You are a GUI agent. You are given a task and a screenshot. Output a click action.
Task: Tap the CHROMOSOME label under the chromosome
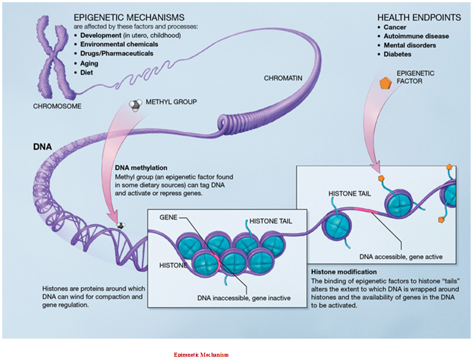click(x=57, y=106)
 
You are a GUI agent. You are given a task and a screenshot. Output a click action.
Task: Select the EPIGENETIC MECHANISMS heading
click(x=129, y=17)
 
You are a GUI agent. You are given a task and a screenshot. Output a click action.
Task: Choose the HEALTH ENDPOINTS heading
click(x=419, y=17)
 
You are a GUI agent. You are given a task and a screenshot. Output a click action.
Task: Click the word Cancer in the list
click(x=395, y=27)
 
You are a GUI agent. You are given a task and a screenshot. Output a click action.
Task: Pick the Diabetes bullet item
click(x=397, y=54)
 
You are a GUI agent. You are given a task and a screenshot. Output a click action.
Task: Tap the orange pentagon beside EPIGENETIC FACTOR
click(x=385, y=83)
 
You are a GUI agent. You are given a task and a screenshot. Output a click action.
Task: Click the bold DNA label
click(x=43, y=147)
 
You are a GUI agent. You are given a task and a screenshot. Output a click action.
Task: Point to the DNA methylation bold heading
click(x=141, y=168)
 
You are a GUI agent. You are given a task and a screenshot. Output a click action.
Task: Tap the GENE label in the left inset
click(x=168, y=217)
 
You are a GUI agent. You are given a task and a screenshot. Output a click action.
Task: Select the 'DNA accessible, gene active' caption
click(x=401, y=257)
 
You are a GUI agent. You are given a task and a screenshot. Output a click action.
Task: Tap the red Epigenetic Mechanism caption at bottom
click(x=201, y=354)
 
